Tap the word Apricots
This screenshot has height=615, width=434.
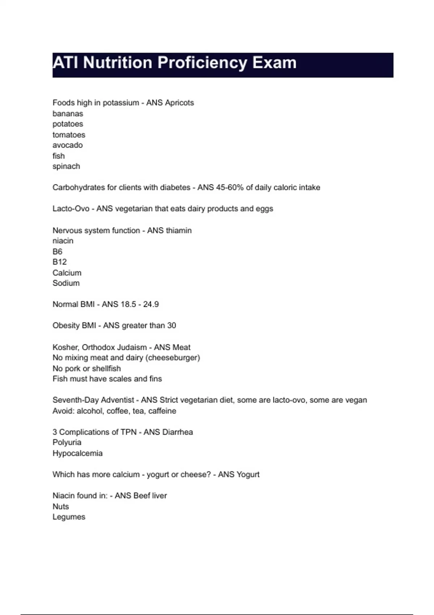(179, 103)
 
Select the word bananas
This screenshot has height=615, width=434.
(68, 114)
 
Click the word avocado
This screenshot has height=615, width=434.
(68, 145)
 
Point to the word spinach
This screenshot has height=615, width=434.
(66, 166)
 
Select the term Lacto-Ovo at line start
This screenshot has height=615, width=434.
(71, 209)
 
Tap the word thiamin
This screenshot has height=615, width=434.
(179, 230)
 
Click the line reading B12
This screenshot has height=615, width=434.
(60, 262)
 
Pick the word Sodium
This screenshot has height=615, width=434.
(66, 283)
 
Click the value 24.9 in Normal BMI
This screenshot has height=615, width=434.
(151, 304)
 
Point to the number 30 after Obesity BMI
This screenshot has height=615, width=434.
(171, 326)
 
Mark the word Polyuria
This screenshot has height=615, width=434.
(67, 442)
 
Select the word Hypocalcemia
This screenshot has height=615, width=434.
(77, 453)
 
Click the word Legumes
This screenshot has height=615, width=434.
(69, 517)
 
